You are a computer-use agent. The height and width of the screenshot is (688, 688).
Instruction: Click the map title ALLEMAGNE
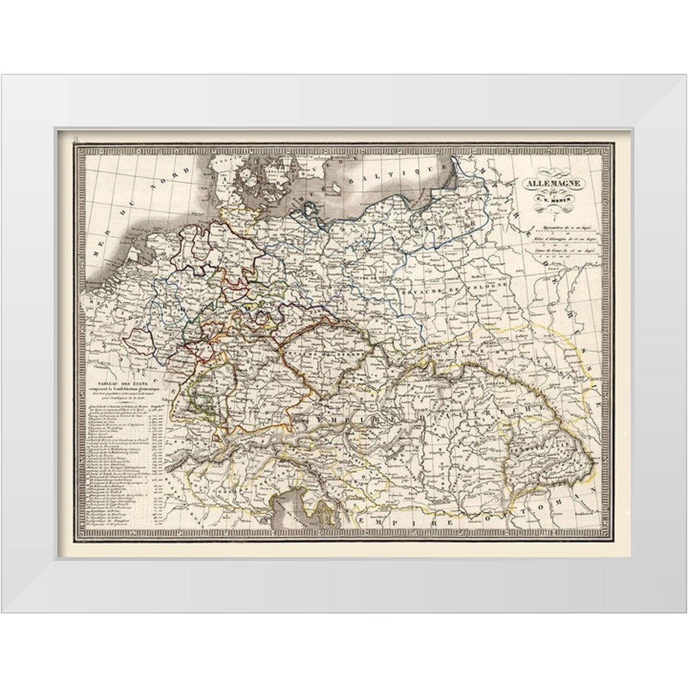pos(553,184)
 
